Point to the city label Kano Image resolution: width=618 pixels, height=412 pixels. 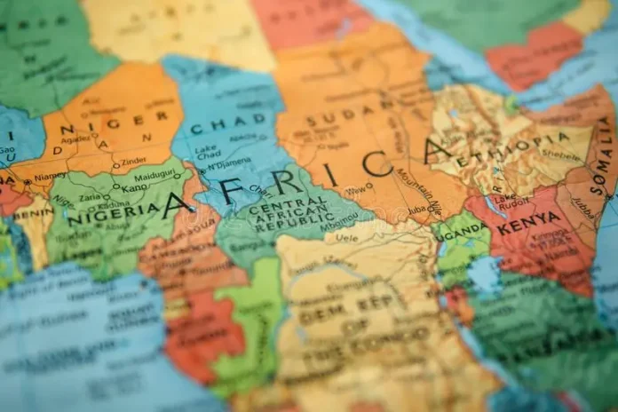(x=110, y=188)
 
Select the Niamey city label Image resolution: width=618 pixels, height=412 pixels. (x=49, y=176)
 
